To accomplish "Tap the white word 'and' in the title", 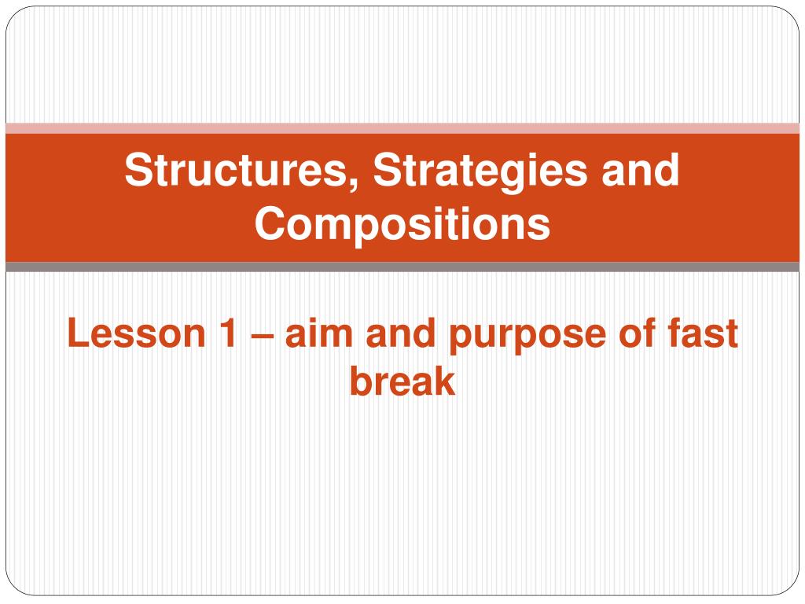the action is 641,170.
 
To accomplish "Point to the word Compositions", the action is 402,225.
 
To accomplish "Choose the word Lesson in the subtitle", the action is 137,333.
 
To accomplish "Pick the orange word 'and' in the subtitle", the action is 400,333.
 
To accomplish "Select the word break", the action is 402,381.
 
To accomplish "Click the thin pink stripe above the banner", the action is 402,128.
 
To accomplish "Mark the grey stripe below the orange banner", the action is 402,267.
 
